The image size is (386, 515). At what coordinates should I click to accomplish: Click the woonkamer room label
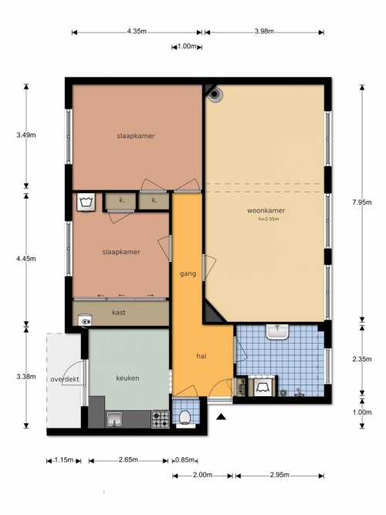pos(266,210)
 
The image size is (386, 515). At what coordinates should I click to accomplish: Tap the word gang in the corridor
pos(188,273)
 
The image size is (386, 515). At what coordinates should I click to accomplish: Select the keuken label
pos(127,378)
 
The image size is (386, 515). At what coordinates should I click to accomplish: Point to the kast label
pos(119,313)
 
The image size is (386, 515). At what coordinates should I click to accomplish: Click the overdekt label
pos(65,379)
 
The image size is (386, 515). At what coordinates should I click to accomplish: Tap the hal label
pos(201,356)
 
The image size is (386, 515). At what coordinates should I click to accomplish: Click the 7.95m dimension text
pos(362,202)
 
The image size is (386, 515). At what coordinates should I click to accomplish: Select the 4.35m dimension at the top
pos(137,32)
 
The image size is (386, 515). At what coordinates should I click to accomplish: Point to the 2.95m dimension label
pos(279,475)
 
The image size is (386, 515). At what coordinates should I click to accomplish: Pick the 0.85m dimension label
pos(185,460)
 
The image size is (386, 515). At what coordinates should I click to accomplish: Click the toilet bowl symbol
pos(185,417)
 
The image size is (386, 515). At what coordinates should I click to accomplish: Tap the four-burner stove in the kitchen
pos(161,419)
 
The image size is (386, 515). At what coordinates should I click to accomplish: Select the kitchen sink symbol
pos(114,419)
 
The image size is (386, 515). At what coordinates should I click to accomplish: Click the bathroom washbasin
pos(277,332)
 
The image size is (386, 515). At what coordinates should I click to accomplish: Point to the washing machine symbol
pos(86,202)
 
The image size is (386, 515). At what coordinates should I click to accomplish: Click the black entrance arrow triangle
pos(222,417)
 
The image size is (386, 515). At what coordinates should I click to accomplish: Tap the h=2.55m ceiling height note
pos(269,219)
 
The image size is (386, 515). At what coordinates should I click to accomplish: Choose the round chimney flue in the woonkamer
pos(215,94)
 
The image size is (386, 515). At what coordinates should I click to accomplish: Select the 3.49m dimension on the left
pos(26,134)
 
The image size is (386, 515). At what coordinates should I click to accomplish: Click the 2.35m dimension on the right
pos(362,359)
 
